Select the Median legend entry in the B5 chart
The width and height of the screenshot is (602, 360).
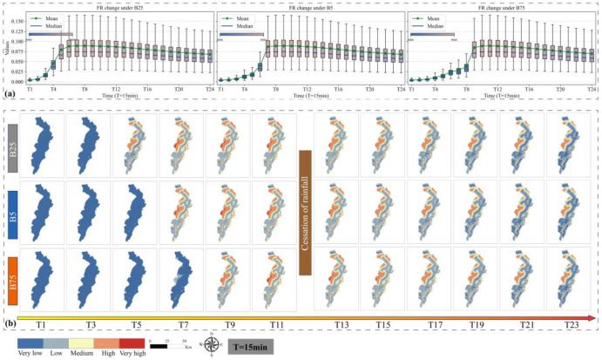[x=248, y=25]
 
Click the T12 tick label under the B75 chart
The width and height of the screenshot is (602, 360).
[x=496, y=89]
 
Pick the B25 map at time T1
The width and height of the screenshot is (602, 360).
[x=41, y=146]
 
